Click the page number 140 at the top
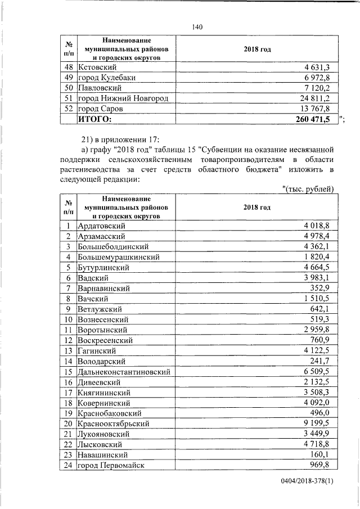tap(196, 27)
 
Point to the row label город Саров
tap(100, 108)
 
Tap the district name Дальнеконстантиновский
tap(123, 372)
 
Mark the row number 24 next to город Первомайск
tap(70, 465)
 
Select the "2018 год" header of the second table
tap(257, 208)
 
